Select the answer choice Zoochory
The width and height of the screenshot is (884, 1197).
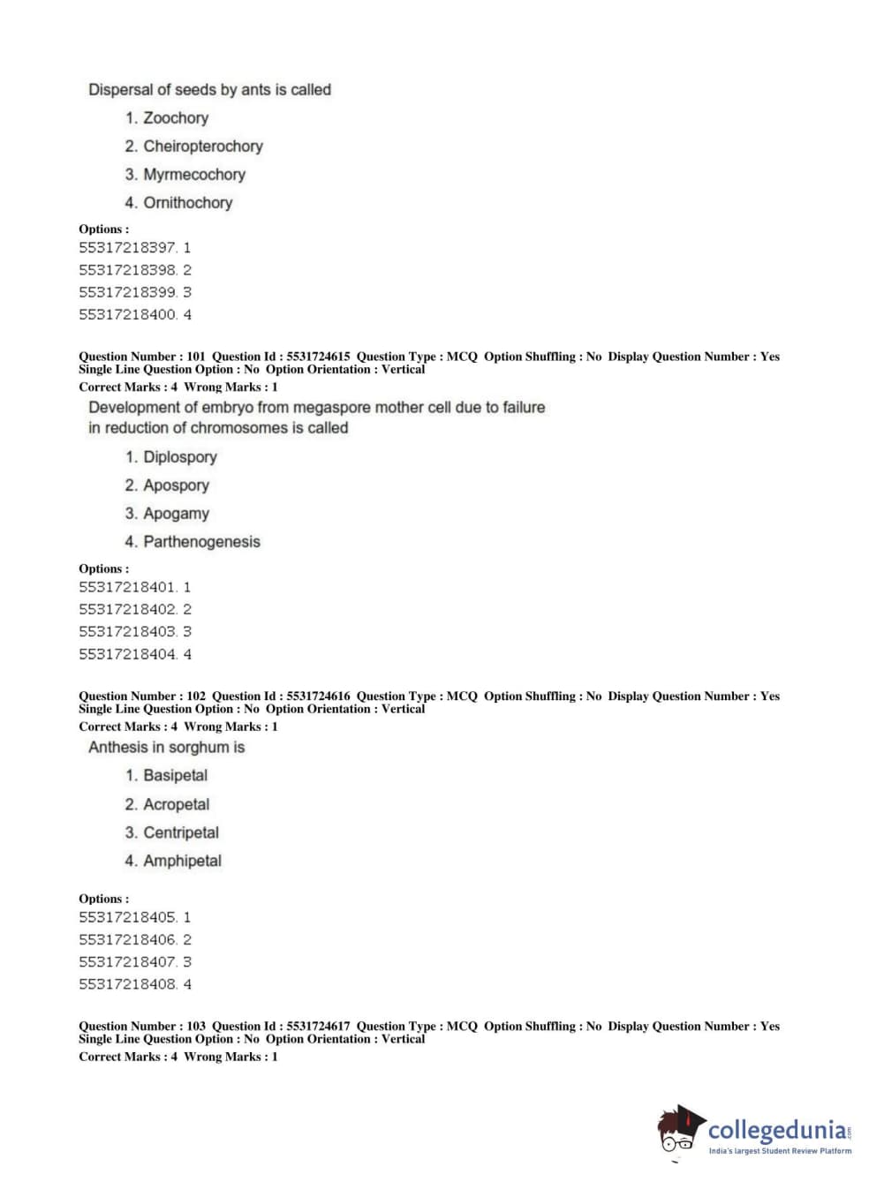point(176,118)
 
